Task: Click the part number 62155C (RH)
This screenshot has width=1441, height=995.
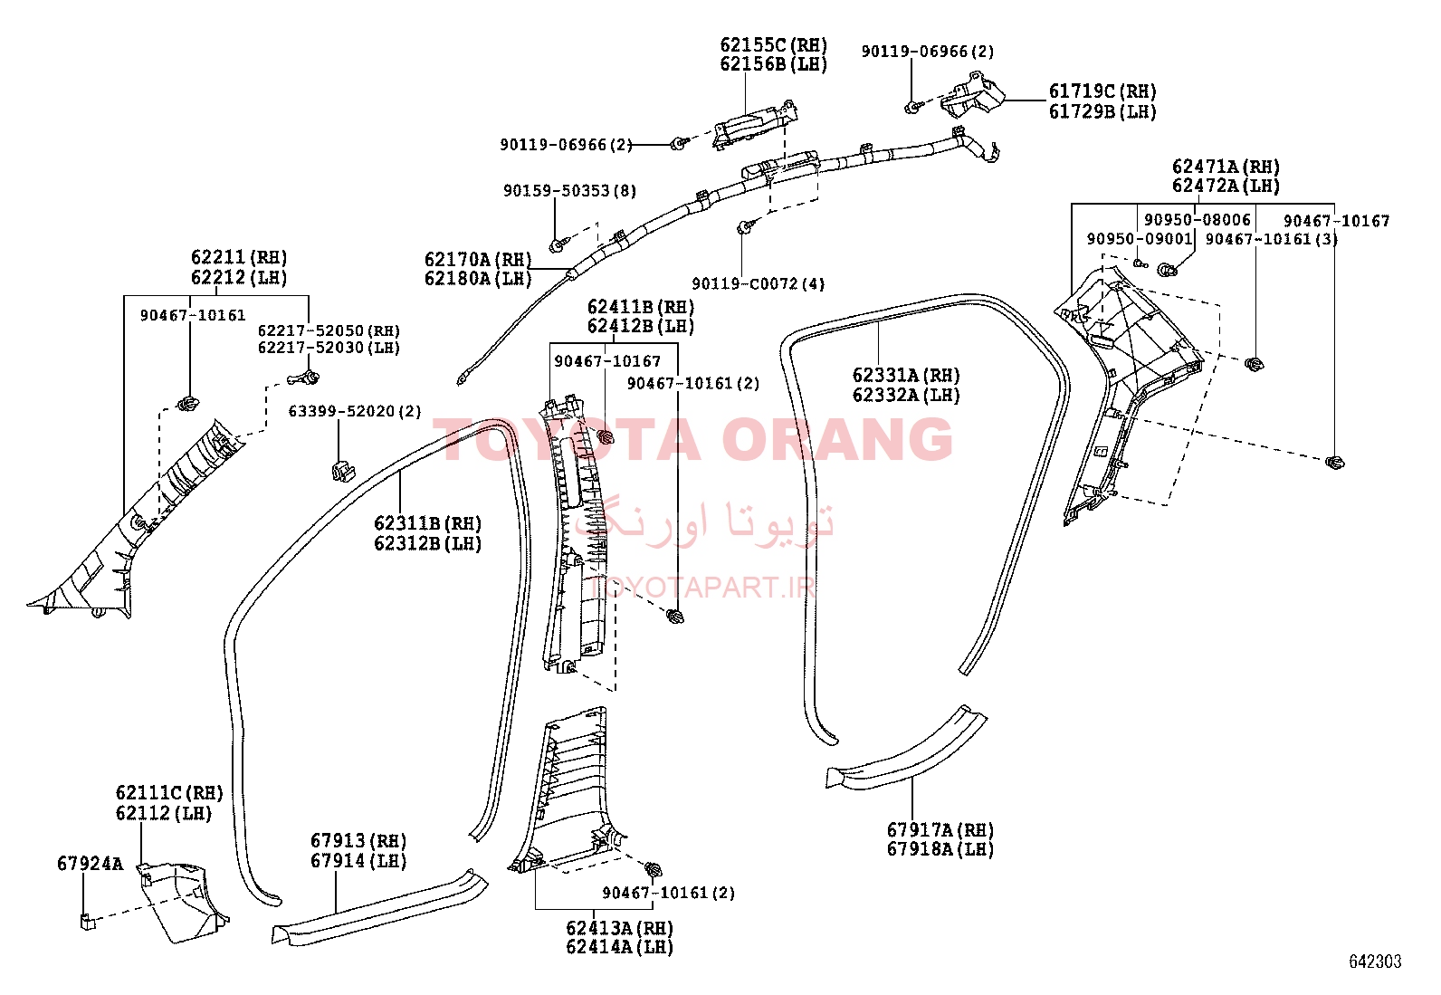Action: click(773, 45)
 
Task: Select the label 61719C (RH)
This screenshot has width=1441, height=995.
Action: click(1102, 91)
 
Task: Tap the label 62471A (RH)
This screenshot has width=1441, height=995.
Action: click(1226, 167)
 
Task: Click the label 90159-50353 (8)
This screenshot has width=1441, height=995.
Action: click(569, 190)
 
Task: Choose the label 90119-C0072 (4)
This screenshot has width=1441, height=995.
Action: click(758, 283)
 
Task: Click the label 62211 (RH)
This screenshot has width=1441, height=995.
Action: click(239, 257)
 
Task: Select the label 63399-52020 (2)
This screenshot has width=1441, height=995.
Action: click(355, 411)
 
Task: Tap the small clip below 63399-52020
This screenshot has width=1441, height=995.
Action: click(342, 472)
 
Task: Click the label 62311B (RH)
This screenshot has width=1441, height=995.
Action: click(428, 523)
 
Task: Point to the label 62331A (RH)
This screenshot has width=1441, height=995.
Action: click(906, 375)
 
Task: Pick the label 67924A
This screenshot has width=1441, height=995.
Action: click(90, 864)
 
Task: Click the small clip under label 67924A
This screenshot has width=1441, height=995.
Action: click(88, 921)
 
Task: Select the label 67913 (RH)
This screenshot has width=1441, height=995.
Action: click(358, 840)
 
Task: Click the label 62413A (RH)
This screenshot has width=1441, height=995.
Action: click(619, 928)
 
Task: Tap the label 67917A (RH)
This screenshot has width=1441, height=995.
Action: click(940, 829)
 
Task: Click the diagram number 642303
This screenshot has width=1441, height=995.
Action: click(1375, 962)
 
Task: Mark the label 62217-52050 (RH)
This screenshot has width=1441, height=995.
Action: click(329, 330)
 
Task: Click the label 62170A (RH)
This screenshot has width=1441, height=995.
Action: click(478, 259)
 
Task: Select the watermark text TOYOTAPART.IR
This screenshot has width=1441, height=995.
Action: click(702, 587)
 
